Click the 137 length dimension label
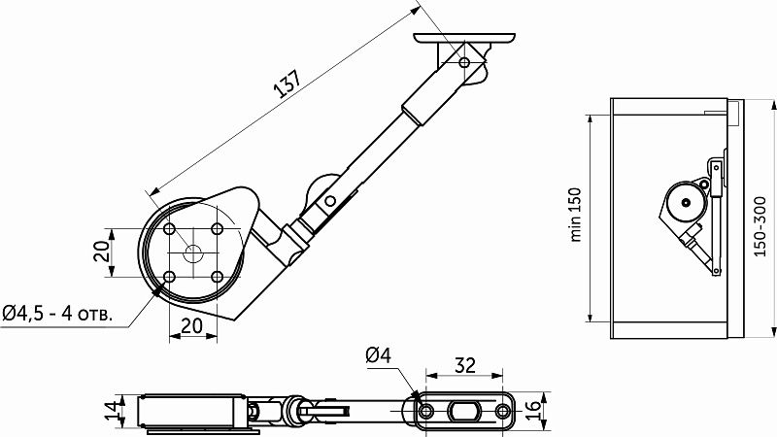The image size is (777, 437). point(287,84)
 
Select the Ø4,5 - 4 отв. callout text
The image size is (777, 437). point(57,313)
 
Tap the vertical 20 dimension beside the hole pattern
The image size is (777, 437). point(102,252)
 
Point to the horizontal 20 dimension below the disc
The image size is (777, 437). point(192,325)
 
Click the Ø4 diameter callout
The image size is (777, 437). point(379,355)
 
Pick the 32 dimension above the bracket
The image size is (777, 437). point(465,365)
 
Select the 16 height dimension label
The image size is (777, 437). point(531,411)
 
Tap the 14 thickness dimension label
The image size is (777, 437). point(113,410)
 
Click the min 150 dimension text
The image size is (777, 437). point(575,214)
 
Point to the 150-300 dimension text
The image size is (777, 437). point(760,226)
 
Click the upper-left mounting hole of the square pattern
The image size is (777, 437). point(169,229)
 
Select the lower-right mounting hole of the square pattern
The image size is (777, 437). point(217,277)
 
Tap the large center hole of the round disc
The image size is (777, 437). point(193,252)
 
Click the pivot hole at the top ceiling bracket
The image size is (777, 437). point(464,63)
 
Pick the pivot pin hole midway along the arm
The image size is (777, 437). point(329,201)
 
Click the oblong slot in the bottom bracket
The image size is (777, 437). point(464,411)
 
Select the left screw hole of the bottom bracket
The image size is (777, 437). point(425,411)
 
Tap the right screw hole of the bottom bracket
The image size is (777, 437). point(502,411)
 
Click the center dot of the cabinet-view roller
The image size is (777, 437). point(686,202)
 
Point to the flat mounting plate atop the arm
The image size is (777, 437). point(464,38)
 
